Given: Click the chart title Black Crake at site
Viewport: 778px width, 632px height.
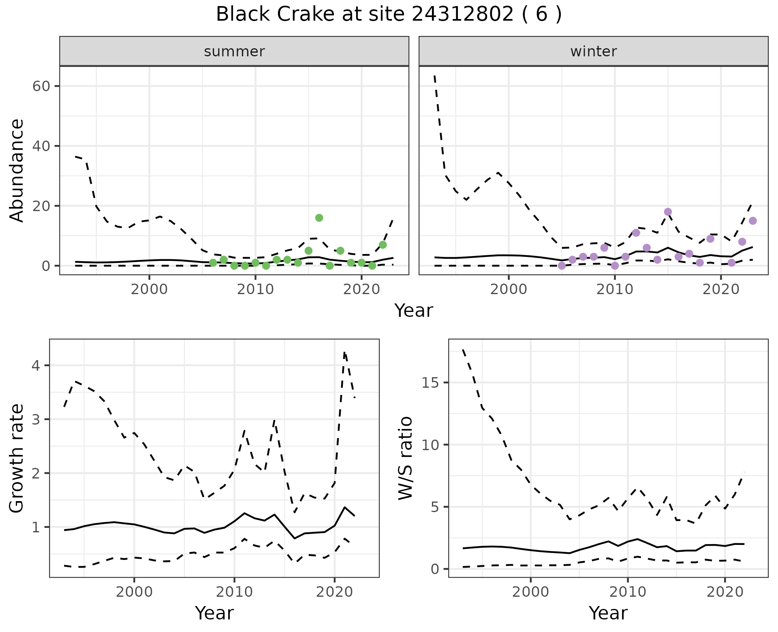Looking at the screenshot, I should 389,15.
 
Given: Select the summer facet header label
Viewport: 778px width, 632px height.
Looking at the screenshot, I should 234,51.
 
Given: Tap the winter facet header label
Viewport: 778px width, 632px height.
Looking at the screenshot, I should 593,51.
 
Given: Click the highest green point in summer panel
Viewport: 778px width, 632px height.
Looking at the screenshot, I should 319,218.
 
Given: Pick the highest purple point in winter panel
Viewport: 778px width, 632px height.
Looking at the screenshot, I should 668,212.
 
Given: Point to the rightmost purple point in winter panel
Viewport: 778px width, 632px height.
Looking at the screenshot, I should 752,221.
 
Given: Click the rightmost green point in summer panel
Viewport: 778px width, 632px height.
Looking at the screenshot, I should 383,245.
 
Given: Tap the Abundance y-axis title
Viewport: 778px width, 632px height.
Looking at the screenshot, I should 17,170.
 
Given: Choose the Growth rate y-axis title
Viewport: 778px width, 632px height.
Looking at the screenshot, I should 17,459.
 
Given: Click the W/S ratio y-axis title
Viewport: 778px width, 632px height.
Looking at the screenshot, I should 405,459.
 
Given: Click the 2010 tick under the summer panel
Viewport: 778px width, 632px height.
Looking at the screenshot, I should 255,289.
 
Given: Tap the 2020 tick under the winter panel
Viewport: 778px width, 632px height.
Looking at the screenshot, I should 720,289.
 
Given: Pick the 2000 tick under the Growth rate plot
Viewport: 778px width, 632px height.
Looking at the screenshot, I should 134,592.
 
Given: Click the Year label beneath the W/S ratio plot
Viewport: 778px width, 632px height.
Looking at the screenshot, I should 608,613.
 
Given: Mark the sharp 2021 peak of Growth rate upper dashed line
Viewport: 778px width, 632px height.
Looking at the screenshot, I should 344,352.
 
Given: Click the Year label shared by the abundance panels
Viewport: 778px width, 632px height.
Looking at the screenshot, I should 413,311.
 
